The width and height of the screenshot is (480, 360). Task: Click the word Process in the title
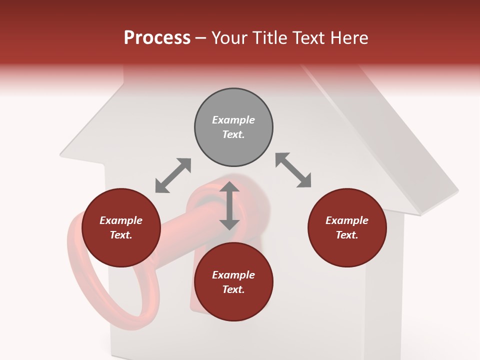[157, 38]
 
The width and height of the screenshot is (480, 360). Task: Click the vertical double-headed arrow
[229, 206]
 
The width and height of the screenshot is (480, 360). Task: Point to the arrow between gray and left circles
[173, 175]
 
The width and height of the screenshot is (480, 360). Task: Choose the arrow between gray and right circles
[293, 170]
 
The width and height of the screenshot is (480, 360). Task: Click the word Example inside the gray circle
[233, 120]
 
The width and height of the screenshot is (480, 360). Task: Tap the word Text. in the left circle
[121, 235]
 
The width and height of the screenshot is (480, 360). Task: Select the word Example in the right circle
[347, 220]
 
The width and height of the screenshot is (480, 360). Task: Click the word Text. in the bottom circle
[233, 289]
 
